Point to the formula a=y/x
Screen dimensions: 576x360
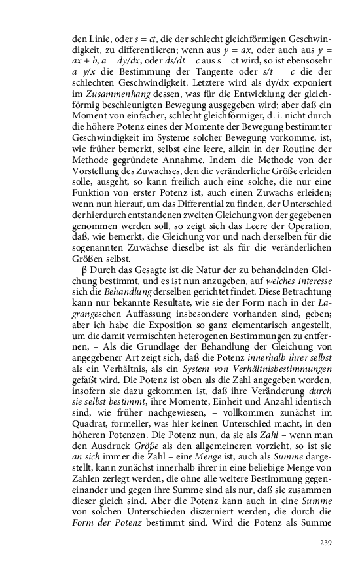point(84,72)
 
